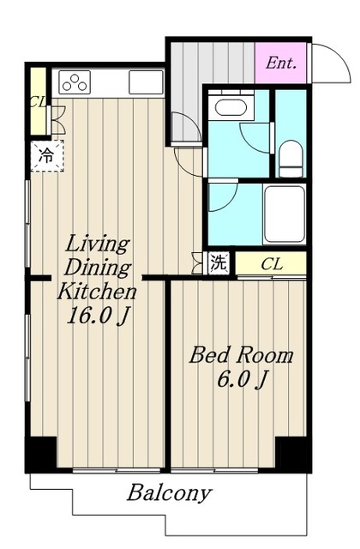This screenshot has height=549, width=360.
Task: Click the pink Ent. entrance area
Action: pos(281,63)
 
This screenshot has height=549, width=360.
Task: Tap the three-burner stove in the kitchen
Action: pos(75,82)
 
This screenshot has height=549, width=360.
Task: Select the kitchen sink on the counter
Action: pos(146,82)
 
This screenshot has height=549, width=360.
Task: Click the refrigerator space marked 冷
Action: pos(47,156)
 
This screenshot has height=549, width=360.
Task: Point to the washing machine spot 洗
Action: pos(219,263)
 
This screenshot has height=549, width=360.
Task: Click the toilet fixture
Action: pos(291,159)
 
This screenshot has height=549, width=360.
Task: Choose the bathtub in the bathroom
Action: pos(285,214)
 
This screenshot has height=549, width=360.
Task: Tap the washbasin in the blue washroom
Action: pos(231,106)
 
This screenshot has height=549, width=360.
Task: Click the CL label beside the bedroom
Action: pos(272,264)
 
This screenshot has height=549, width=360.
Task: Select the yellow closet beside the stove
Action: pos(38,101)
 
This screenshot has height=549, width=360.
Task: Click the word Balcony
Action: pos(170,494)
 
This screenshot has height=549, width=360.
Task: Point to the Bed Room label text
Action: pos(241,355)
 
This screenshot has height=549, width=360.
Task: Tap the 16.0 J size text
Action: pos(99,316)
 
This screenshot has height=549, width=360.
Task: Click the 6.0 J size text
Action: pos(242,379)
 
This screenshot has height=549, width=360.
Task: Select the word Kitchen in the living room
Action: pos(97,292)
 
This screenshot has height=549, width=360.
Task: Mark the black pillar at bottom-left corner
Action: pos(40,454)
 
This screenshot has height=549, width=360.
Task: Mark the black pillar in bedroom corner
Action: pos(293,454)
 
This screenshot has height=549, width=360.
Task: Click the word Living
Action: pos(98,244)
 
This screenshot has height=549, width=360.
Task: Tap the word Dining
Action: pos(98,268)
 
